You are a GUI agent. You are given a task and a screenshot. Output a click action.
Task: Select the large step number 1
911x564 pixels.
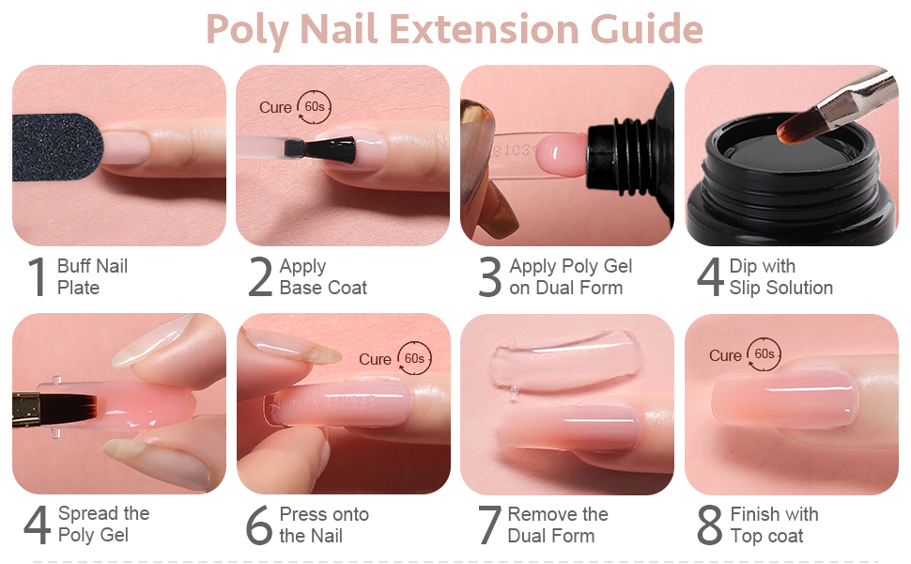(37, 277)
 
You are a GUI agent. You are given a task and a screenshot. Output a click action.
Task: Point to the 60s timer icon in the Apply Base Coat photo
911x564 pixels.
(314, 107)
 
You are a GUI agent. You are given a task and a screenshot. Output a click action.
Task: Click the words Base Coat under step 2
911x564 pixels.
(323, 289)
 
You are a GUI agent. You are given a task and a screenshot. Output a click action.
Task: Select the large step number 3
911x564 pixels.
(490, 277)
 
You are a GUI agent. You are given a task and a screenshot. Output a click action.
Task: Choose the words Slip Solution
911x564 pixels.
(781, 289)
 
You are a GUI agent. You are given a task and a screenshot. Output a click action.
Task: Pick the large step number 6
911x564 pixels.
(258, 525)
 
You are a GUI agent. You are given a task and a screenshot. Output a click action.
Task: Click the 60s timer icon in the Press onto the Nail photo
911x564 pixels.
(414, 358)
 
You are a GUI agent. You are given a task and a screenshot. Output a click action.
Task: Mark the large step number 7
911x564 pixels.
(489, 525)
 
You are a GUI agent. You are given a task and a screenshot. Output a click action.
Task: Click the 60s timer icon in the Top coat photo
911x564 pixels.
(764, 354)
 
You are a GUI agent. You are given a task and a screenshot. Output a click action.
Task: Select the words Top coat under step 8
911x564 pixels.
(766, 536)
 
